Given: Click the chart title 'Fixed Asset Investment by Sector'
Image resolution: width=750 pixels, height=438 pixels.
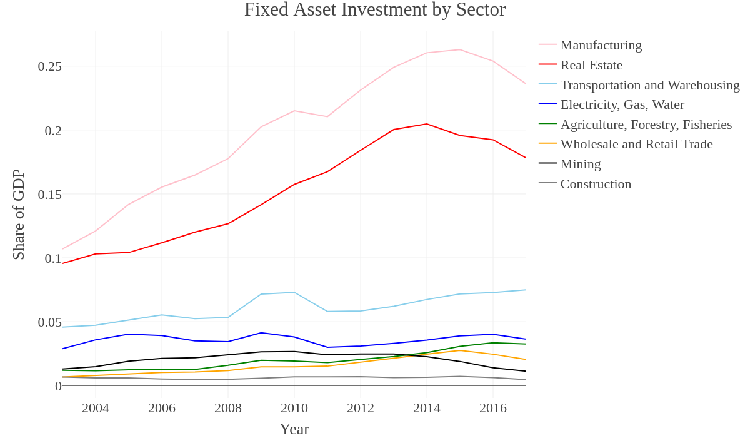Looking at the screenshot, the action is [x=374, y=9].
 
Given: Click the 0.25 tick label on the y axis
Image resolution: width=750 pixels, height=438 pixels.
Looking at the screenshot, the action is [x=50, y=66].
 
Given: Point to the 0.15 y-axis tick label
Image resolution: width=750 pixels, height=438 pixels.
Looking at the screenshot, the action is [x=50, y=195].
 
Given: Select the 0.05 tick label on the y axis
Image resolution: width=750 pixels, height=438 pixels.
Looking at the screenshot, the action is [x=50, y=322].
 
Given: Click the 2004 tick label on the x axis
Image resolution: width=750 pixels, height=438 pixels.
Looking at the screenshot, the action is [x=96, y=408].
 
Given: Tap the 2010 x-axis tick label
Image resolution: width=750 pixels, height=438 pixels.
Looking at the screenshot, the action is [x=294, y=408].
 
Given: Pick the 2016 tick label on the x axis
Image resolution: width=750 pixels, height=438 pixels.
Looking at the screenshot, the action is [x=493, y=408].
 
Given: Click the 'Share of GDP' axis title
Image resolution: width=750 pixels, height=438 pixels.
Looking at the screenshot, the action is [x=18, y=215].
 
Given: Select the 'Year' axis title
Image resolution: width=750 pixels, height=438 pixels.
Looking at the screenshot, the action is [x=294, y=429].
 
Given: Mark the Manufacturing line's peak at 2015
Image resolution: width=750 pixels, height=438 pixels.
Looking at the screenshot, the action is [x=460, y=49].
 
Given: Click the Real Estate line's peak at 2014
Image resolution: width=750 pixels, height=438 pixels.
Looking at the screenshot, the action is [x=426, y=124].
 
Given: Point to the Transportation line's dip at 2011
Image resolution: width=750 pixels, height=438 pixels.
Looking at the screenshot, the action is [x=327, y=312].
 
